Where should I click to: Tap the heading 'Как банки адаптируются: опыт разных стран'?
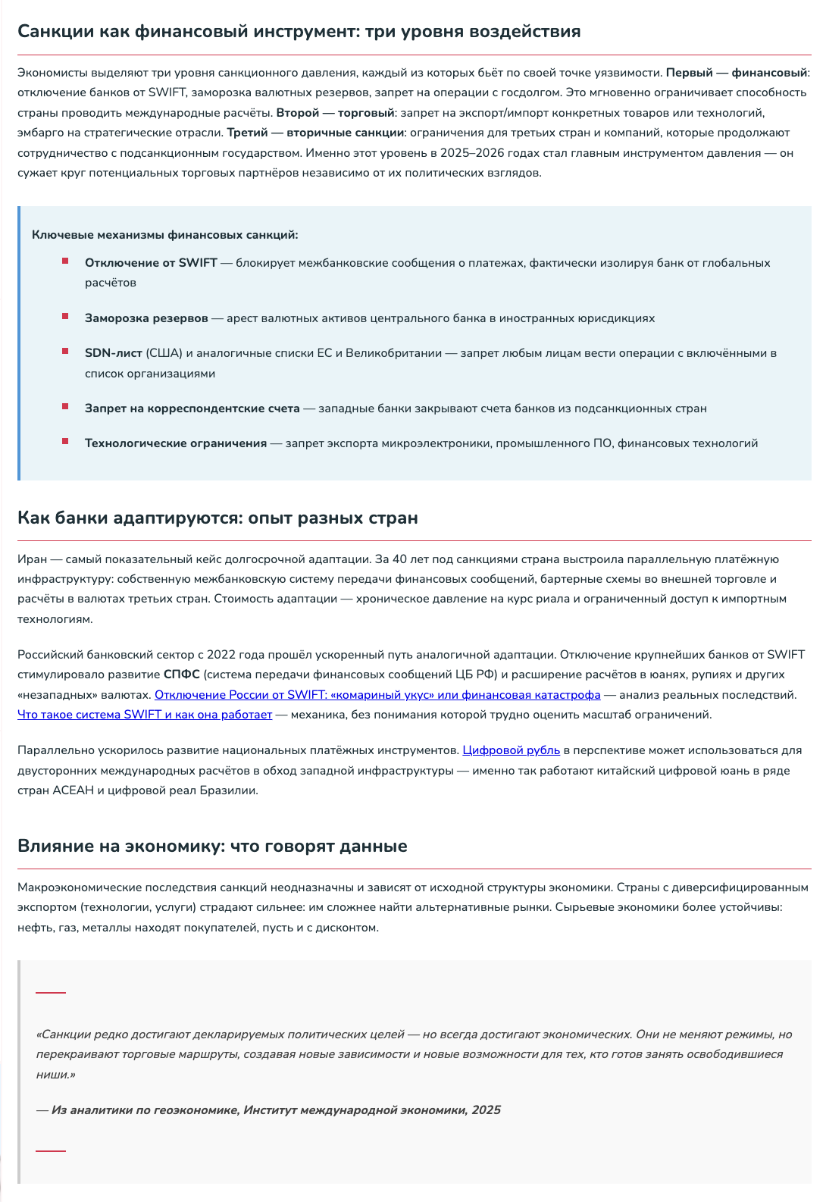point(217,518)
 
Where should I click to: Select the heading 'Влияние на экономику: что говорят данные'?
point(212,847)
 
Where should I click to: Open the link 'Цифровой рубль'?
point(511,750)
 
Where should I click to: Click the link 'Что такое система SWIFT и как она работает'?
point(144,715)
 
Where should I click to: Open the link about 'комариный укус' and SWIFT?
point(377,695)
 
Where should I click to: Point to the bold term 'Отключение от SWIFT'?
point(151,263)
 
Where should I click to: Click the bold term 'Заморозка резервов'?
point(146,318)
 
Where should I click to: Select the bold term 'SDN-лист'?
point(113,353)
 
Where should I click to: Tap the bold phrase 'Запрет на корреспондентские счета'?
point(192,408)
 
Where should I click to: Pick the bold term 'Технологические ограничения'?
point(175,443)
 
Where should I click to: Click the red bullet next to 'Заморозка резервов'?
point(66,316)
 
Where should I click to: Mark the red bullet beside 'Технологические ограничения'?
point(66,441)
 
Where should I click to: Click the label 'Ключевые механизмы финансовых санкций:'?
point(164,235)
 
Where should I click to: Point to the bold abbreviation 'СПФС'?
point(181,675)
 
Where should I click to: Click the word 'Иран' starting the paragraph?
point(32,559)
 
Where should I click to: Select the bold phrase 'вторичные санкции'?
point(345,133)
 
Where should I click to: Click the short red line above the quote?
point(51,992)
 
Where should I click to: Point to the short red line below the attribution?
point(51,1150)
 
